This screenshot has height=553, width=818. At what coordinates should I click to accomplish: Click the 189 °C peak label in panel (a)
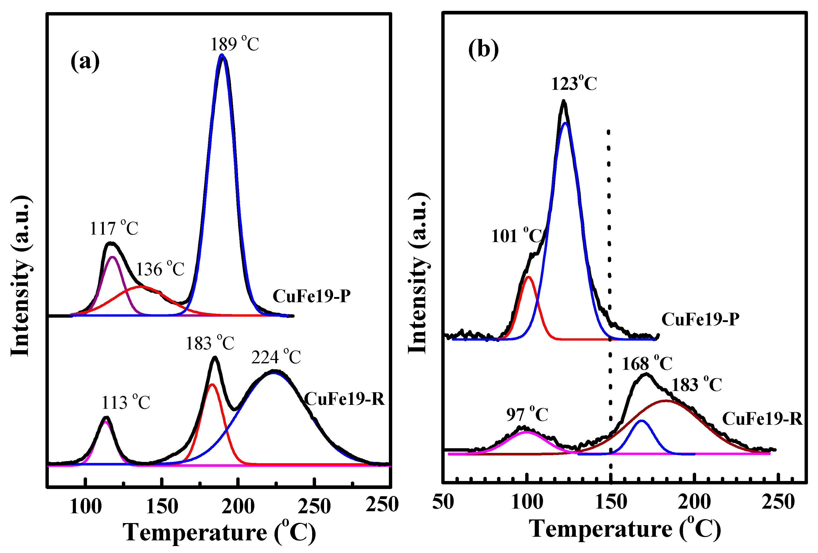tap(234, 44)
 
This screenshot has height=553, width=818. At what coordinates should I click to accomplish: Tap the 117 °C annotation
tap(114, 228)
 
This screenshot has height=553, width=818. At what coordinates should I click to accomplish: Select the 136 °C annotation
tap(160, 269)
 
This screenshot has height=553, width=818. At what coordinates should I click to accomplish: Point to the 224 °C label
tap(276, 357)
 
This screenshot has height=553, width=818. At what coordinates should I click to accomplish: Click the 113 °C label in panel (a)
tap(126, 403)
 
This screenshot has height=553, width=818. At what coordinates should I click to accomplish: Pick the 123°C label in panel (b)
tap(574, 83)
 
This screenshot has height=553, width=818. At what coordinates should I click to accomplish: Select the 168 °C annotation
tap(647, 363)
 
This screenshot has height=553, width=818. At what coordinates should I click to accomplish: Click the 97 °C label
tap(527, 414)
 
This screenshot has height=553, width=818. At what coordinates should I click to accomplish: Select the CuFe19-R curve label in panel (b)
tap(762, 419)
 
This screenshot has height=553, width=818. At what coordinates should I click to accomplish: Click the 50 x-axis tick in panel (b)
tap(443, 502)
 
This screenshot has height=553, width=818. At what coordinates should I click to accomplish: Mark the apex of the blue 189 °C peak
tap(221, 55)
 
